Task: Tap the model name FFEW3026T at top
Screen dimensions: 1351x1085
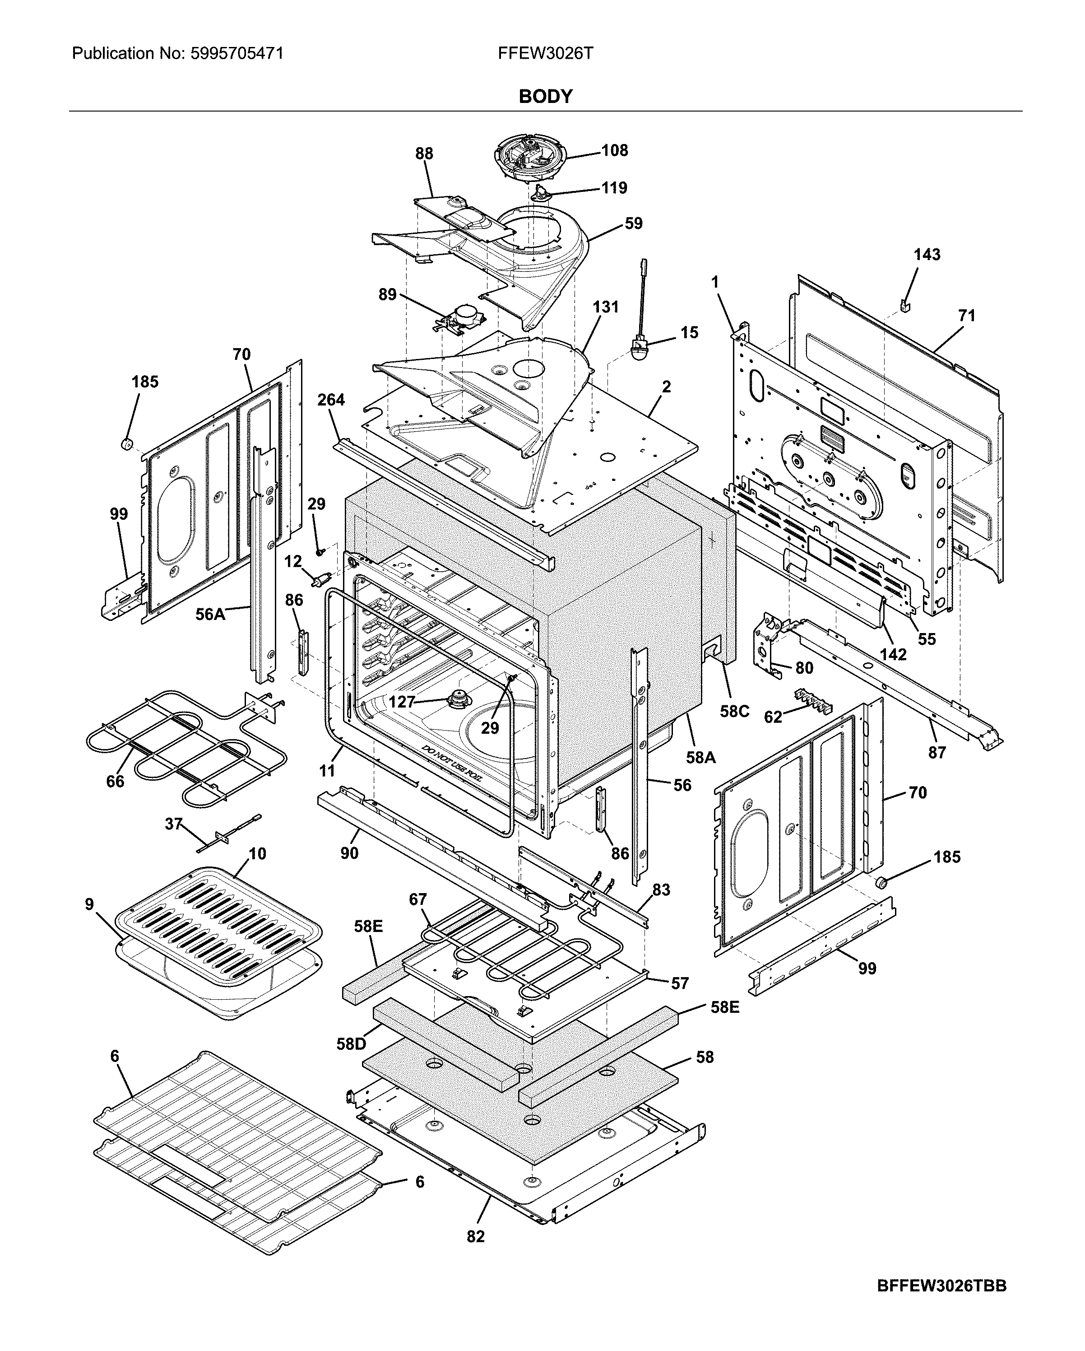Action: [x=545, y=53]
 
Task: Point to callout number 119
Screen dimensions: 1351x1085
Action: [x=613, y=188]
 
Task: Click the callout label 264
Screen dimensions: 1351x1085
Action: [x=331, y=400]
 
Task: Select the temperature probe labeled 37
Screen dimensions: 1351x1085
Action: [x=227, y=834]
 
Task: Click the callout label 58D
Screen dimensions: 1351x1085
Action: [x=351, y=1044]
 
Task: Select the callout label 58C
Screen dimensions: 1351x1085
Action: [x=734, y=711]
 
